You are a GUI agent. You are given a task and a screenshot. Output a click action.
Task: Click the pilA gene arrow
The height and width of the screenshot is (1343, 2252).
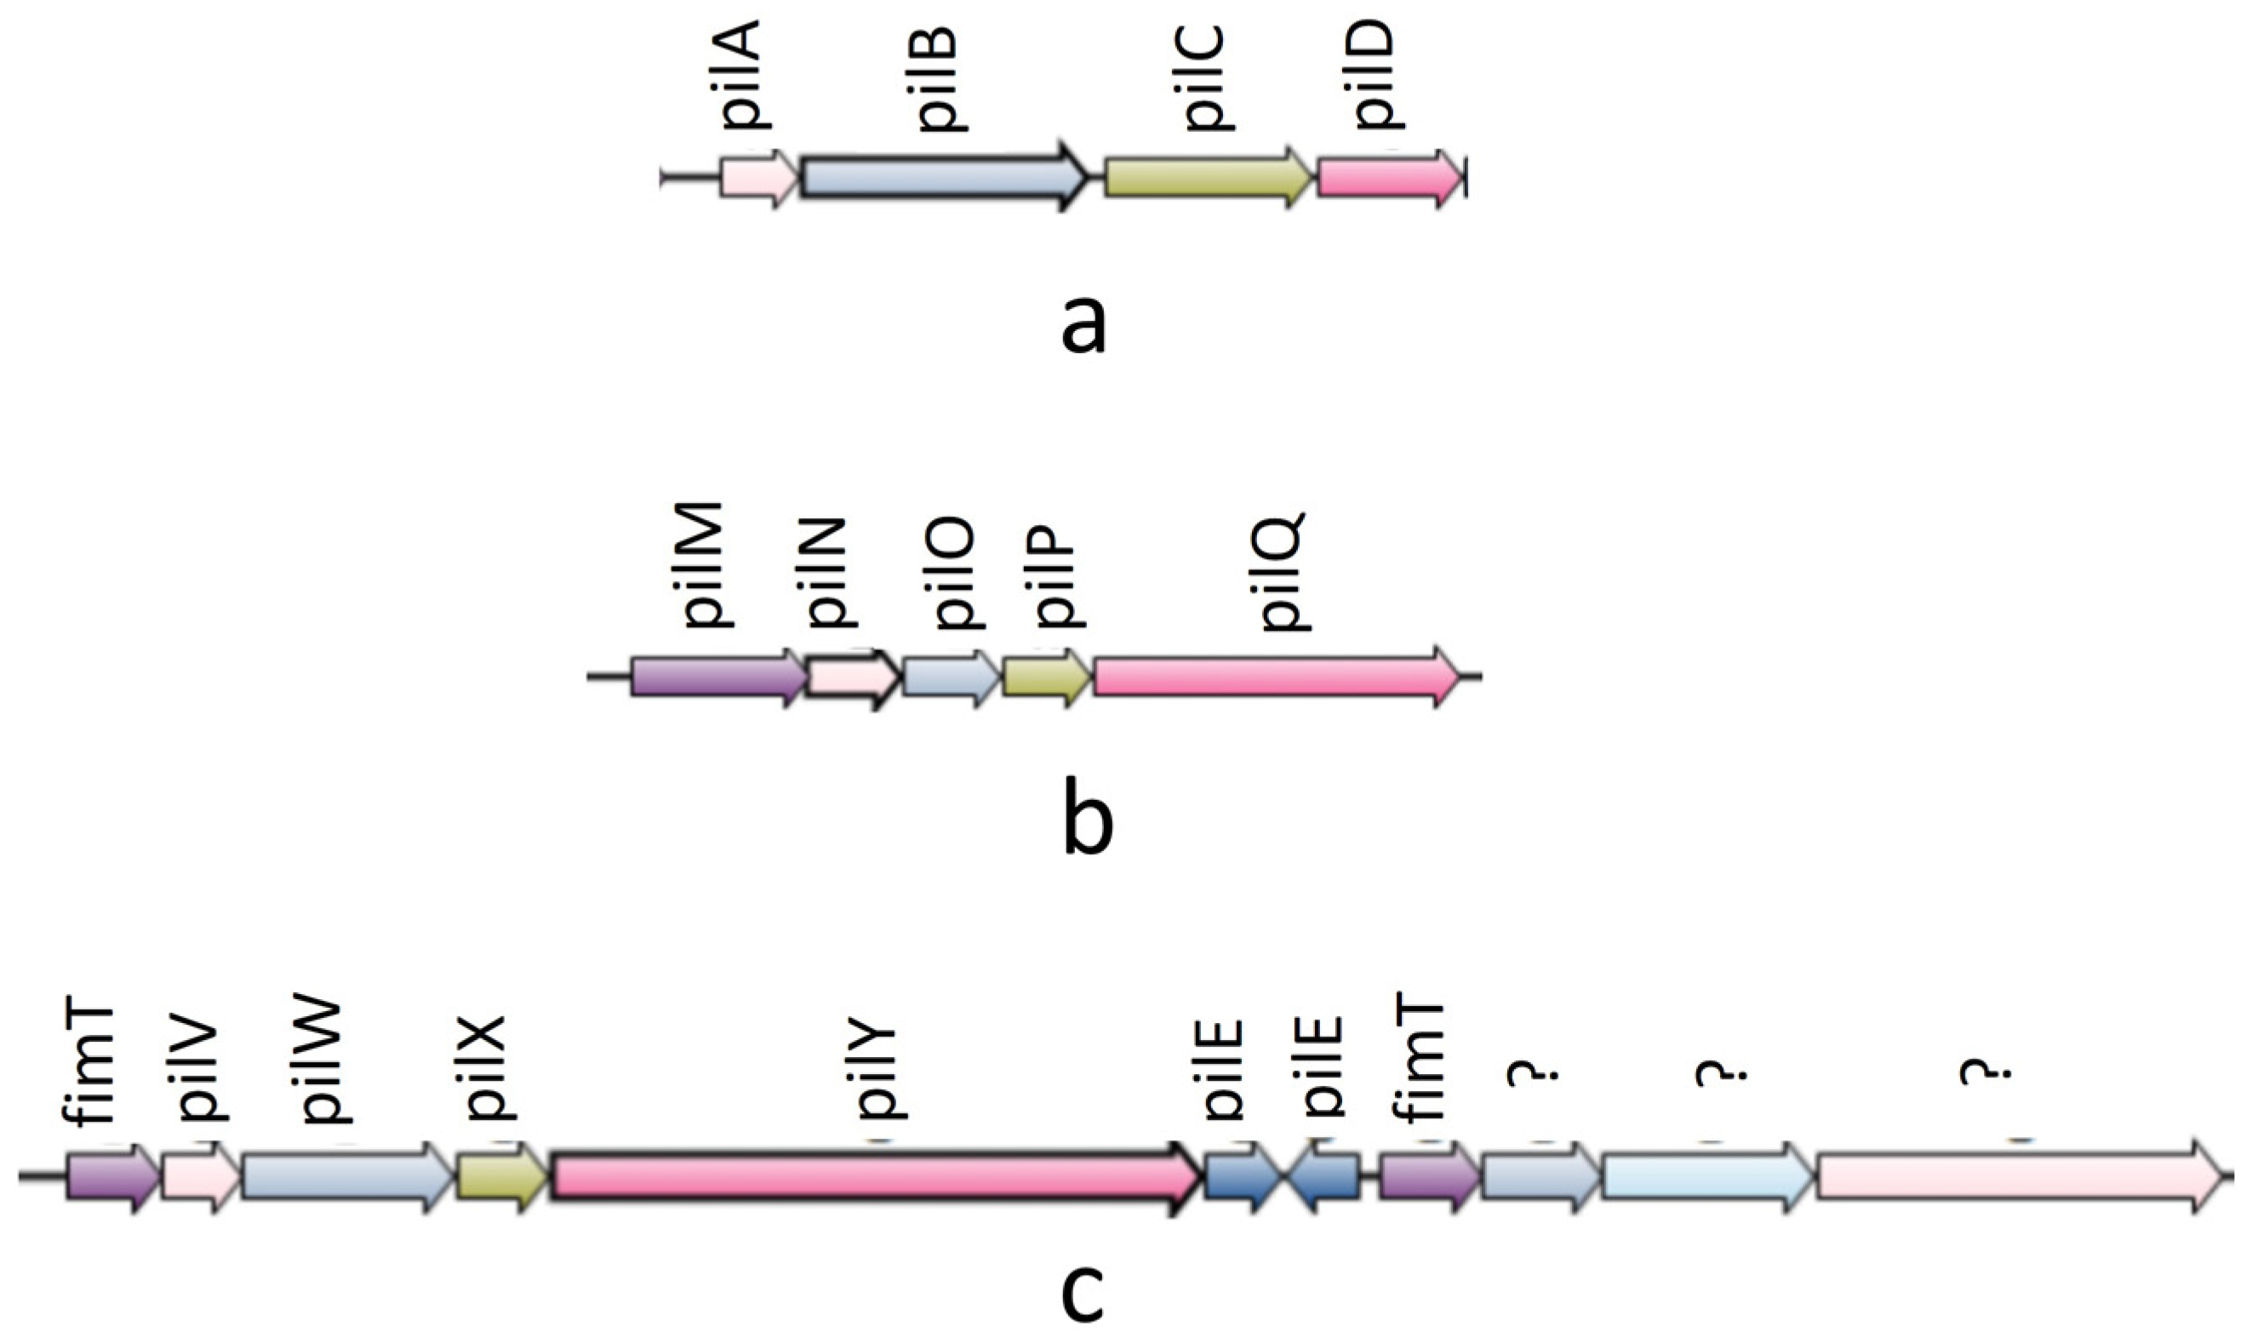point(758,180)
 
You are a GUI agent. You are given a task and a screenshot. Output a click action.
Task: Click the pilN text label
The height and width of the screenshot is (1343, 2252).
point(827,574)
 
